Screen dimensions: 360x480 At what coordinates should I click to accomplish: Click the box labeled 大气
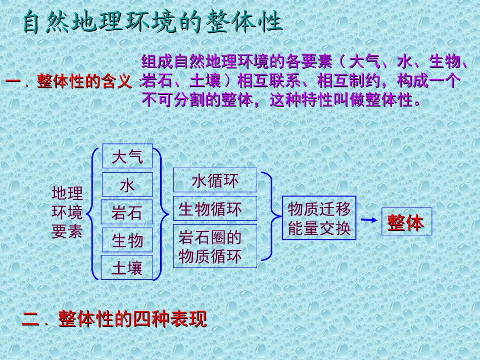[127, 157]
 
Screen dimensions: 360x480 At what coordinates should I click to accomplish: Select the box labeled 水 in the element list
[127, 185]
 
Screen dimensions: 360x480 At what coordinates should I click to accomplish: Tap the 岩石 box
[127, 213]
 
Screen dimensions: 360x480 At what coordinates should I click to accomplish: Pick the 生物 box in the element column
[127, 240]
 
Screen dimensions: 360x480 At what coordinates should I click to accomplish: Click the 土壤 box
[127, 268]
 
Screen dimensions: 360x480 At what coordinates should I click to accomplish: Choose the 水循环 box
[215, 180]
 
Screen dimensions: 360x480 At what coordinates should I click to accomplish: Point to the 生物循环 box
[215, 209]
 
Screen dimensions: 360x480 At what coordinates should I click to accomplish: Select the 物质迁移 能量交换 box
[319, 218]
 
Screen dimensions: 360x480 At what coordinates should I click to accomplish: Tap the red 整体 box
[407, 222]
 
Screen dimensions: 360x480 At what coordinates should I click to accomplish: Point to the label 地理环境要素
[67, 212]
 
